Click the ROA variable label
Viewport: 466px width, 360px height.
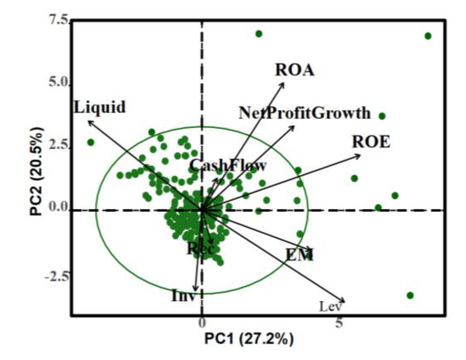295,70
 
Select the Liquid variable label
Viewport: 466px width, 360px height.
99,107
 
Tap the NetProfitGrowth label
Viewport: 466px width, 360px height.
305,113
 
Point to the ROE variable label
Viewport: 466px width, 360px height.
371,142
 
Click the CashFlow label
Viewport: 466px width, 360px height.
228,166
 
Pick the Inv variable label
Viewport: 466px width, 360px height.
183,296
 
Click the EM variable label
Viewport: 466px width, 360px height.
300,255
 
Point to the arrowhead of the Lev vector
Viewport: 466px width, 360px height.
344,301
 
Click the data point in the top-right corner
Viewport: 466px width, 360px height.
428,36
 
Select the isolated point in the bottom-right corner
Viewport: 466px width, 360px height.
410,295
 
